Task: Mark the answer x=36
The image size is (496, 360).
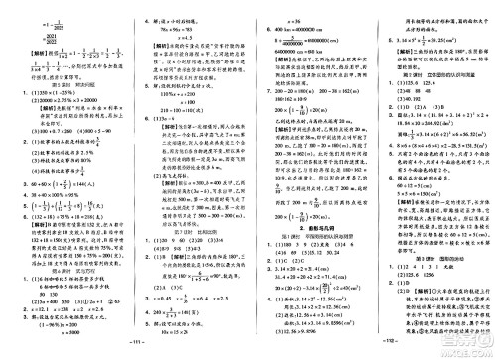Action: point(273,6)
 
